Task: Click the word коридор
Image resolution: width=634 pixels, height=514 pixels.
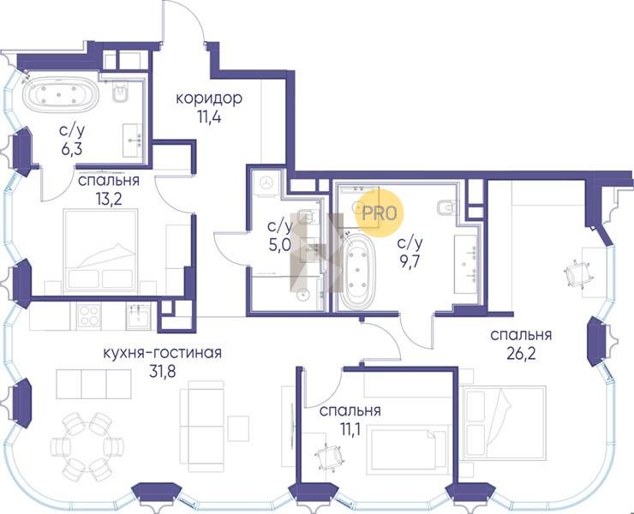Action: (209, 99)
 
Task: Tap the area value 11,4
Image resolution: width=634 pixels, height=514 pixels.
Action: (210, 117)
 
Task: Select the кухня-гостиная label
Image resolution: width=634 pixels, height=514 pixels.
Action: (163, 352)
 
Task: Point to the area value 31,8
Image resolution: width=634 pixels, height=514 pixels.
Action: (163, 371)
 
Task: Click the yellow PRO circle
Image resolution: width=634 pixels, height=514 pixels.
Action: (380, 213)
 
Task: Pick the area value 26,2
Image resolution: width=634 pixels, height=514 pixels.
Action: (521, 354)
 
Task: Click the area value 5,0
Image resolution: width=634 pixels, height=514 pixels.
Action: (279, 245)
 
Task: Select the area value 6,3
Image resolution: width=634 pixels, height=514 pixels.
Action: (72, 149)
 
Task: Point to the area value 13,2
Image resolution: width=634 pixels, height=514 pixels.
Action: (108, 199)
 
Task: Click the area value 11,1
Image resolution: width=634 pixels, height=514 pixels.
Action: (350, 430)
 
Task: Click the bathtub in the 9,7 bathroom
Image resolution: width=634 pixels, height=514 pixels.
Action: (358, 271)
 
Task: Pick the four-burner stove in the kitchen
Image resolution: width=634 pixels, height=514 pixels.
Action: (89, 315)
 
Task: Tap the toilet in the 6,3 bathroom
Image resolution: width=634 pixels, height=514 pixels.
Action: (121, 93)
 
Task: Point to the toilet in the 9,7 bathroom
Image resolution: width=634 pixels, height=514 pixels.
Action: (447, 208)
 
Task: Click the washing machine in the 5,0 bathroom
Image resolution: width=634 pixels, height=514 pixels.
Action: (266, 182)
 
